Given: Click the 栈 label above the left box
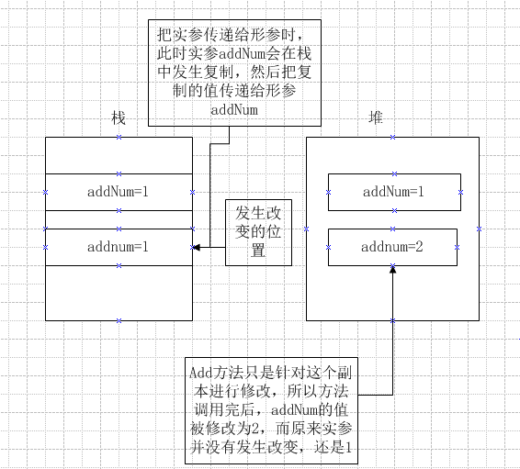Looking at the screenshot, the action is (x=119, y=118).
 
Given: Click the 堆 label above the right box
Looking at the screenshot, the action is (x=376, y=117).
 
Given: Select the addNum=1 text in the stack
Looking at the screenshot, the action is (x=118, y=192).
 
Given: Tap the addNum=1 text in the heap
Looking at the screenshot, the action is (x=393, y=192).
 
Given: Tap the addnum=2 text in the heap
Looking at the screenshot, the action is (x=392, y=247).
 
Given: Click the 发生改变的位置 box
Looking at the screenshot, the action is (x=258, y=232).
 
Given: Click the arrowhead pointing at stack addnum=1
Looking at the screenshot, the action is (x=196, y=247).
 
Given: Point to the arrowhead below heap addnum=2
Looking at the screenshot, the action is (x=392, y=269).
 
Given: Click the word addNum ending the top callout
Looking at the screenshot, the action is (x=234, y=110).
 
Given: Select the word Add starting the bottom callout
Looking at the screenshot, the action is (x=200, y=373).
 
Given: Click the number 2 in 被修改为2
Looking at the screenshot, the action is (x=254, y=429).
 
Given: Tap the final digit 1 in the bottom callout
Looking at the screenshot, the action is (x=348, y=448).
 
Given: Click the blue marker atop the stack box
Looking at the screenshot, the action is (x=119, y=137).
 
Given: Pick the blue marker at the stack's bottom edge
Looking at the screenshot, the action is (x=119, y=320).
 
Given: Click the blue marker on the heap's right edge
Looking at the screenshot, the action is (x=479, y=229).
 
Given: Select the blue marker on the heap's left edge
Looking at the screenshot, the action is (x=307, y=229).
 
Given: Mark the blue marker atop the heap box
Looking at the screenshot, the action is (x=392, y=137).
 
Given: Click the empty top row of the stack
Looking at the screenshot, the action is (x=119, y=155).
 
